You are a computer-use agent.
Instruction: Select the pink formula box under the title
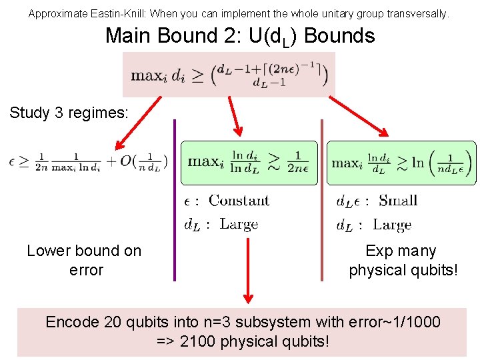[x=229, y=75]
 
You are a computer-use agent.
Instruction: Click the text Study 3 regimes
[x=68, y=113]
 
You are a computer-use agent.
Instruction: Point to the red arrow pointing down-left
[x=138, y=123]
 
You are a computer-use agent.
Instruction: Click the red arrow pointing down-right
[x=360, y=119]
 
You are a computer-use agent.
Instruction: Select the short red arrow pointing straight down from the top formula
[x=235, y=117]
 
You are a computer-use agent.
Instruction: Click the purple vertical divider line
[x=175, y=200]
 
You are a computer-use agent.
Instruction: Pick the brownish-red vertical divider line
[x=322, y=200]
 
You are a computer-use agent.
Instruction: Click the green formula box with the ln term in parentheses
[x=401, y=163]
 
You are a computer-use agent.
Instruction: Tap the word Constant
[x=239, y=201]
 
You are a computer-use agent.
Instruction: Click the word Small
[x=397, y=201]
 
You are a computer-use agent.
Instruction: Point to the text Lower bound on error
[x=85, y=261]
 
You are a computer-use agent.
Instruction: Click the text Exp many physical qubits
[x=401, y=261]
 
